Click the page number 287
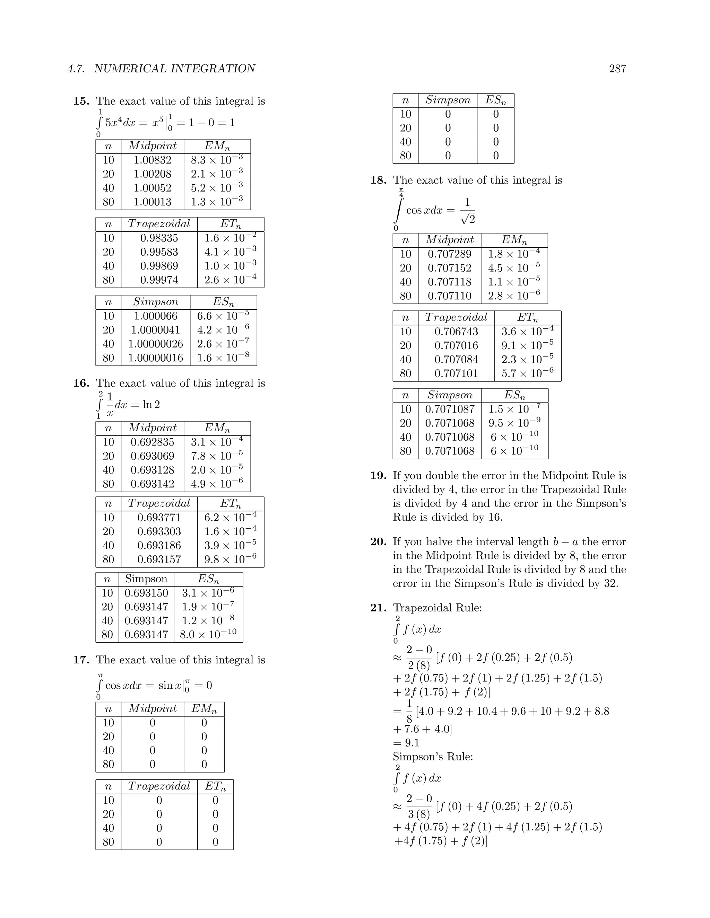pos(617,69)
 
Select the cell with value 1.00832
pos(152,160)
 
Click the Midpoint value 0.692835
pos(152,442)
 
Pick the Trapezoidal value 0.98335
pos(159,238)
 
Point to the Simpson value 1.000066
pos(155,316)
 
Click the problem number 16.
pos(81,383)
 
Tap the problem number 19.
pos(378,476)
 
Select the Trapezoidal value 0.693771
pos(159,518)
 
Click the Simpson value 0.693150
pos(146,593)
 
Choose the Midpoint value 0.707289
pos(449,254)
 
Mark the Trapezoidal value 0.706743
pos(456,332)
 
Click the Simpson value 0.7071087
pos(449,409)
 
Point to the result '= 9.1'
pos(406,743)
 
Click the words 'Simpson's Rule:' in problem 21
pos(433,757)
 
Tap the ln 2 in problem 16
pos(151,405)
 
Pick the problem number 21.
pos(378,608)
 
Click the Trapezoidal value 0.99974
pos(159,280)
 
